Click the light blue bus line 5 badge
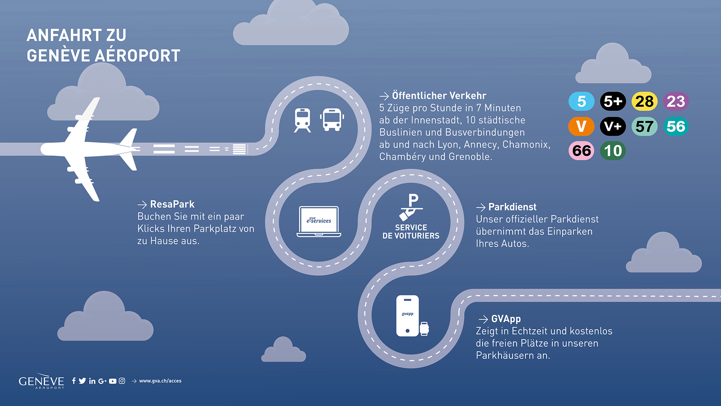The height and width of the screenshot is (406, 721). [x=582, y=101]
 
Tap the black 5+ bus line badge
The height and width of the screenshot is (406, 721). [x=613, y=101]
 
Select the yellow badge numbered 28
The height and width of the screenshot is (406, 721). [x=644, y=101]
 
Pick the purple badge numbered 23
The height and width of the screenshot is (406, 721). [x=676, y=101]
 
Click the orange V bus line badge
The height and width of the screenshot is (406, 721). [x=582, y=126]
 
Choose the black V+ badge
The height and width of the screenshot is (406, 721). [x=613, y=126]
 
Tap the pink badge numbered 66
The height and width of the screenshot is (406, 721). [x=582, y=151]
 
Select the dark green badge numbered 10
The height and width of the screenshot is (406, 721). [x=613, y=151]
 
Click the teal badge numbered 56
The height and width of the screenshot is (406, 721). [x=676, y=126]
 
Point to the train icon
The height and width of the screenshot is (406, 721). [x=303, y=120]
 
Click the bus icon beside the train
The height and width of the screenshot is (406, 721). [x=332, y=120]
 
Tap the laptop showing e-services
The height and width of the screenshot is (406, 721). [x=319, y=221]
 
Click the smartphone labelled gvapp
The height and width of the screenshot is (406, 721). [x=408, y=316]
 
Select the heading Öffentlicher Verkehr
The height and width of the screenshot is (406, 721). [x=439, y=96]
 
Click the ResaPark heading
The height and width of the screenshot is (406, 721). [x=172, y=204]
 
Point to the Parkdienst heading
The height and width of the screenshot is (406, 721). [x=512, y=207]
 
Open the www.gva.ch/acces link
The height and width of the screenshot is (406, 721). [x=160, y=381]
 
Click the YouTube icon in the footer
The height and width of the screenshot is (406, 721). [x=113, y=381]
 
